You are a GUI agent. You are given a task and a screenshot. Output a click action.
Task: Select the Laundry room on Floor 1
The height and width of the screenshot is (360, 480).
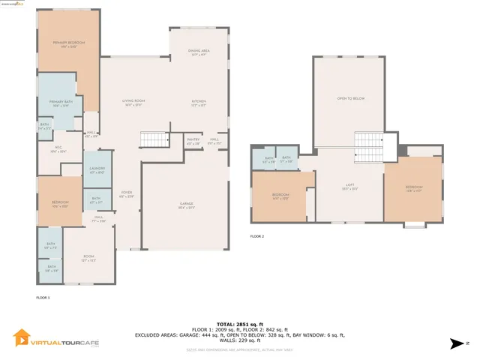point(96,170)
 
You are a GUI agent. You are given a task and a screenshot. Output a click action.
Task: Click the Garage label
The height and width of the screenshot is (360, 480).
point(187,205)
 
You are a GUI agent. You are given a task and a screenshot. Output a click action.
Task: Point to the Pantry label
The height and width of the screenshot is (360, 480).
point(193,139)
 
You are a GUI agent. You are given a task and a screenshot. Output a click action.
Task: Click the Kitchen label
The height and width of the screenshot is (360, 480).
point(199,103)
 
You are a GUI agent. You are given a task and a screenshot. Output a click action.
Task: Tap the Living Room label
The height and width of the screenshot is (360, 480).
point(133,103)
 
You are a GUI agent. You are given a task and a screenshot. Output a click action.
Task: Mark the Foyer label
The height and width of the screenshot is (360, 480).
point(126,193)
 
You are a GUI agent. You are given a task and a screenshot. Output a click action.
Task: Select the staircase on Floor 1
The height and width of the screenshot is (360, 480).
point(153,139)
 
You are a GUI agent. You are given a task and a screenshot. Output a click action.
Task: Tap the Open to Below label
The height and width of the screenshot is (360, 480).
point(350,98)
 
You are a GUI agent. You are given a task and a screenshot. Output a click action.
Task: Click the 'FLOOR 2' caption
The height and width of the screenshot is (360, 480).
point(257,236)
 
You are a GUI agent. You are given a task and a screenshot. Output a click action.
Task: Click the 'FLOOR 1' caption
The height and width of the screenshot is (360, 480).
point(43,298)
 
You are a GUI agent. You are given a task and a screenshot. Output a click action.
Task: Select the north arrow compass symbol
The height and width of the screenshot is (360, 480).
point(454,343)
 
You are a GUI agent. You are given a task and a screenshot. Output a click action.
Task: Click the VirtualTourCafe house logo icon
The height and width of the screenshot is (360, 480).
point(22,338)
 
